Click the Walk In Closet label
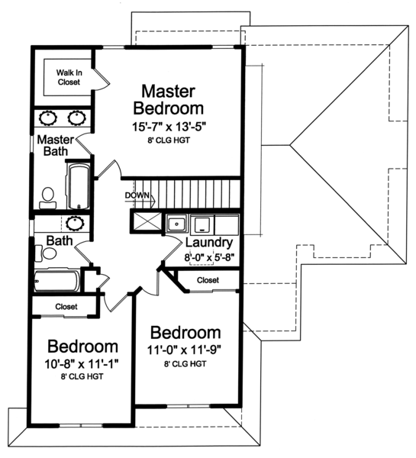click(69, 77)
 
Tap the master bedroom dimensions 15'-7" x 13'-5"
click(169, 127)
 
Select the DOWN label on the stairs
click(137, 195)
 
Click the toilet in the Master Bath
click(48, 198)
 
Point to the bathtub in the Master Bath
click(79, 186)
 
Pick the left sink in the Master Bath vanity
click(48, 118)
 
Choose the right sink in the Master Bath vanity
click(77, 118)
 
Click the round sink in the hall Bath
click(75, 223)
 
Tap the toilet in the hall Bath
click(46, 253)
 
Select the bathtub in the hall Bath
click(57, 281)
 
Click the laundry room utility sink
click(177, 224)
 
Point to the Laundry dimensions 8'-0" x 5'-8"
click(209, 258)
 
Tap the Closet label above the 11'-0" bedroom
click(208, 280)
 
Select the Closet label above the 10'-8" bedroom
click(66, 306)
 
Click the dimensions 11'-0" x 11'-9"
click(183, 350)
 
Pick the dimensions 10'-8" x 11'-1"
click(82, 364)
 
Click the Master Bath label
click(56, 145)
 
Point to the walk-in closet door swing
click(102, 79)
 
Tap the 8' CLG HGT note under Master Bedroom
click(169, 140)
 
